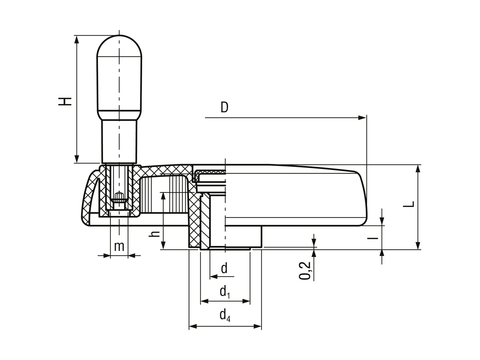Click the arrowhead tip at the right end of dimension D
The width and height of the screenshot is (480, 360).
pyautogui.click(x=366, y=118)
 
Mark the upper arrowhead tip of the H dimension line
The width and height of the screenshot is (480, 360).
pyautogui.click(x=77, y=36)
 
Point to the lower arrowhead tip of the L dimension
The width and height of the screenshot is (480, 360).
pyautogui.click(x=418, y=249)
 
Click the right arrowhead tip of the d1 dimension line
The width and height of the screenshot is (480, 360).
pyautogui.click(x=250, y=301)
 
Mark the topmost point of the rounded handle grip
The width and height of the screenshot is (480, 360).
pyautogui.click(x=119, y=35)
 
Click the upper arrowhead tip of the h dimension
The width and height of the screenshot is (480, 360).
pyautogui.click(x=163, y=193)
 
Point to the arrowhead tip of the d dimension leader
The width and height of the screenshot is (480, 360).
pyautogui.click(x=210, y=277)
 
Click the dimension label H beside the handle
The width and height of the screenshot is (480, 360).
pyautogui.click(x=65, y=101)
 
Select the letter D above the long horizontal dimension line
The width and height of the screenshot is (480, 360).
pyautogui.click(x=224, y=107)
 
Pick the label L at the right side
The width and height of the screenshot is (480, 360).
pyautogui.click(x=409, y=204)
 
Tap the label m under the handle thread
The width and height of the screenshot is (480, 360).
pyautogui.click(x=119, y=246)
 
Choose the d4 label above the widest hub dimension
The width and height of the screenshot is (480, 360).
pyautogui.click(x=225, y=316)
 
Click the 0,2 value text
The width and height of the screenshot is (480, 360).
pyautogui.click(x=305, y=271)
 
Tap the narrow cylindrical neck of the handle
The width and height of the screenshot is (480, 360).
pyautogui.click(x=119, y=141)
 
